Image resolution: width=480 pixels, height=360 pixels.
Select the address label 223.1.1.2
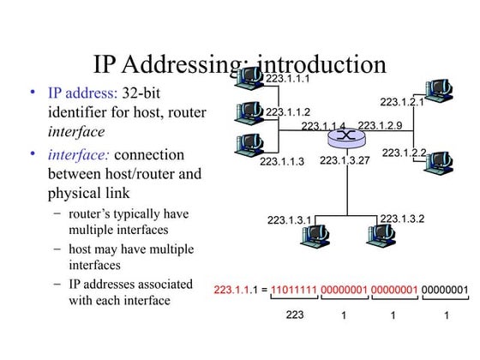288,111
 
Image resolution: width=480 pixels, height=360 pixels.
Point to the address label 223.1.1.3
282,160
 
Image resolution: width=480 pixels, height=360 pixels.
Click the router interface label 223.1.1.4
323,127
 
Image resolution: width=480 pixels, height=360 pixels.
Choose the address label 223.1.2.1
402,102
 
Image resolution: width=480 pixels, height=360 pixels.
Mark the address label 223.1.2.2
404,153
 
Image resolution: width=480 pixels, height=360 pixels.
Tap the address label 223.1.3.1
289,220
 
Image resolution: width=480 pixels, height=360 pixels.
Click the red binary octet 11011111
292,290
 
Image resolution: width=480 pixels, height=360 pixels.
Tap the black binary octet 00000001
445,290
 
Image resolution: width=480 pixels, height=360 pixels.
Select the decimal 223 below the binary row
295,315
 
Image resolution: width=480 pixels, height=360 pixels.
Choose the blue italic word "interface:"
78,155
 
